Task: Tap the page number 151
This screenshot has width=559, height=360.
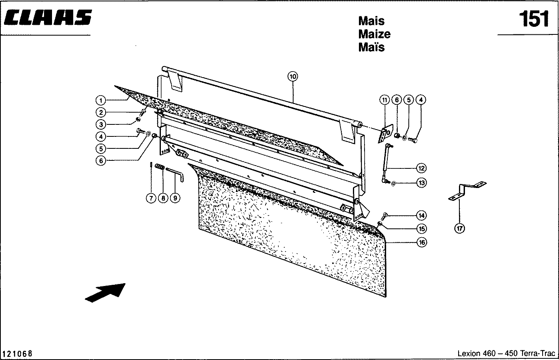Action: point(534,19)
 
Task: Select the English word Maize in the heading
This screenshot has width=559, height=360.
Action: point(374,34)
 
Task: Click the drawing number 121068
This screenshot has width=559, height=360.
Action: point(18,354)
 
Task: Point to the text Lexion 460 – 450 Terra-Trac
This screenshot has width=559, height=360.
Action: point(506,354)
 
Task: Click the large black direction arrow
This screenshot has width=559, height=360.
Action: point(105,292)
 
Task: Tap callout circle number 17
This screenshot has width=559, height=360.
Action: point(459,228)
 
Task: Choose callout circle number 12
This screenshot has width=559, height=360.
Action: point(421,168)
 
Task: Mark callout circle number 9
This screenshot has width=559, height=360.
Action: point(175,198)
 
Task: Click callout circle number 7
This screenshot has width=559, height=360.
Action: point(151,198)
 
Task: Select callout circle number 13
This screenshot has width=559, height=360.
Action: point(421,183)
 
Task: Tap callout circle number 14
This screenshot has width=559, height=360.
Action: point(421,216)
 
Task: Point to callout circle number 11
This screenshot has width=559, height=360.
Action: point(385,100)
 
